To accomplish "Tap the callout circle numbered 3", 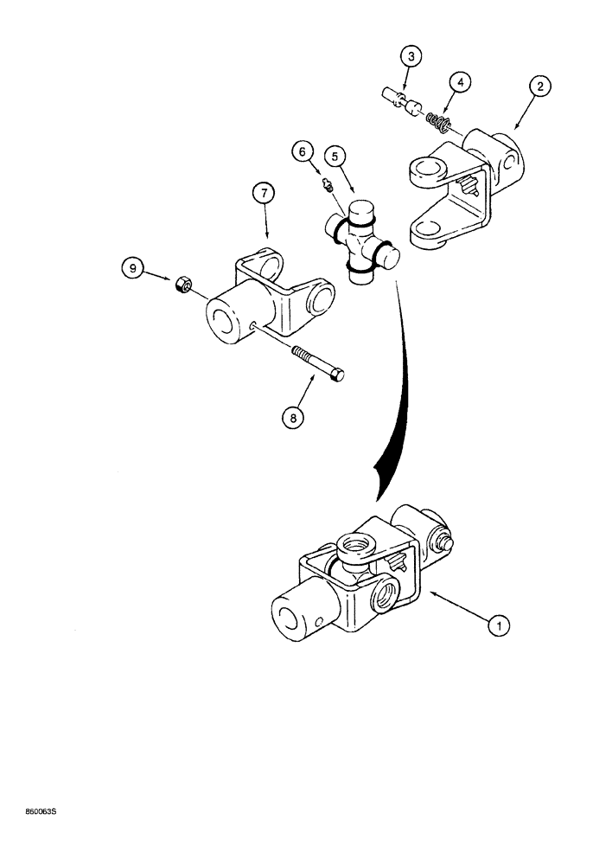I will click(412, 56).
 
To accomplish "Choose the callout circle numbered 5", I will click(335, 157).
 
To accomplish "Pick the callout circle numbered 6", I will click(303, 151).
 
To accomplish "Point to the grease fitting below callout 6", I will click(326, 185).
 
